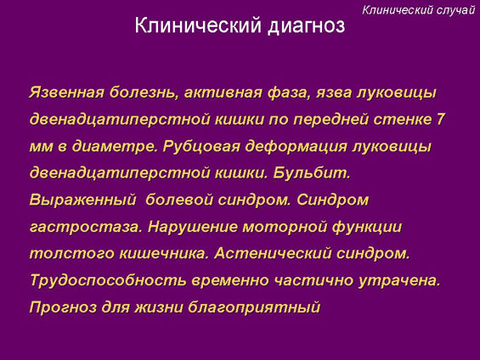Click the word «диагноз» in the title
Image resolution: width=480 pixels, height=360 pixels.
307,26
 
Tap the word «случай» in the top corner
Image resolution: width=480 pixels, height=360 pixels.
455,10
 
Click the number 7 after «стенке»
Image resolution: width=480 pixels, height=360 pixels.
440,119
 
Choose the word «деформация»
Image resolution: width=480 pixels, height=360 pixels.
296,147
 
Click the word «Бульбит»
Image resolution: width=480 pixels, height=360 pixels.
312,173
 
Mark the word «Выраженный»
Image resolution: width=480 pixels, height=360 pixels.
82,200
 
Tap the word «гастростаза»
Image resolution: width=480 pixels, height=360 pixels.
86,228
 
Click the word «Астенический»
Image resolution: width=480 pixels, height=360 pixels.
273,254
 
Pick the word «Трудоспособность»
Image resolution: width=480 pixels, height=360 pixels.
108,281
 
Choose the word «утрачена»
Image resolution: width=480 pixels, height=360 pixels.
399,281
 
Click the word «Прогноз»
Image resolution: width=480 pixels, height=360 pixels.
63,307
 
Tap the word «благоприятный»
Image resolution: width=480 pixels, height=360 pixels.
254,307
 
